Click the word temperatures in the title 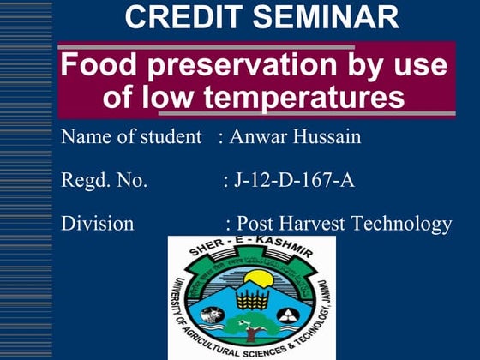tap(307, 97)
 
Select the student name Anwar tap(255, 137)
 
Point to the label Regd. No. tap(105, 180)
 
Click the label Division tap(98, 224)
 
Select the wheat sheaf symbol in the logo tap(251, 300)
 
